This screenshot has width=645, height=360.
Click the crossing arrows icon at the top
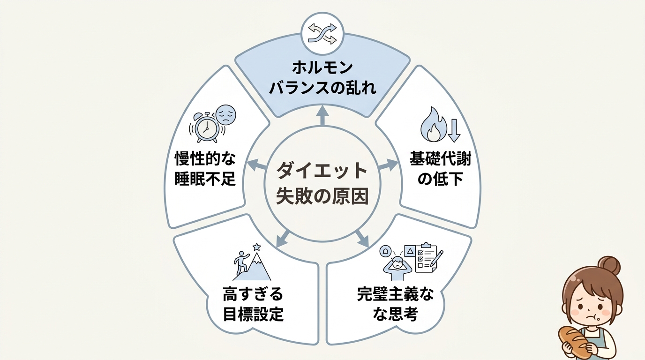[322, 34]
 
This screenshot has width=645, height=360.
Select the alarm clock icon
[205, 127]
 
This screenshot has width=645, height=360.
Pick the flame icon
[431, 124]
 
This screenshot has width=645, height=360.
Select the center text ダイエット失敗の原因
[322, 183]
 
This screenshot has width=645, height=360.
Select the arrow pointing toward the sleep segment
[255, 164]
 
